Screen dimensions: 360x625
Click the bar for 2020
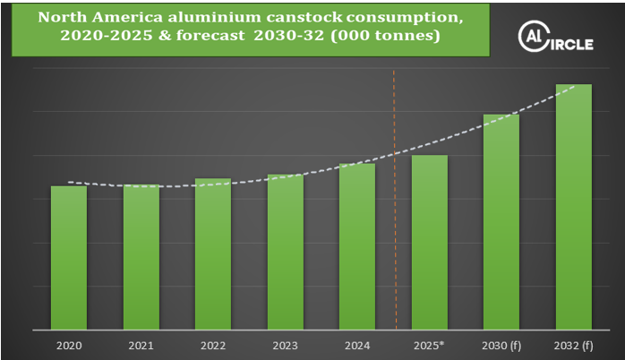pyautogui.click(x=69, y=257)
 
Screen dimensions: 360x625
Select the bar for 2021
pyautogui.click(x=141, y=257)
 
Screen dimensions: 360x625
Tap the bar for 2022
pyautogui.click(x=213, y=253)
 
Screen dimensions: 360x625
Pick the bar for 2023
pyautogui.click(x=286, y=252)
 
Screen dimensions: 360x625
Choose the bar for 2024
pyautogui.click(x=357, y=246)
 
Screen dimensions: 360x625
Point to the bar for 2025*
pyautogui.click(x=430, y=242)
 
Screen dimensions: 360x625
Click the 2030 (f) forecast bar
pyautogui.click(x=501, y=221)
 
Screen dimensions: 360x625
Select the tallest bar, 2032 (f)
pyautogui.click(x=574, y=206)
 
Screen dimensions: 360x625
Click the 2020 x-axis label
pyautogui.click(x=69, y=344)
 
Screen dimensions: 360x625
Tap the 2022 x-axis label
pyautogui.click(x=213, y=344)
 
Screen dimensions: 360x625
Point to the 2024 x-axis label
pyautogui.click(x=357, y=344)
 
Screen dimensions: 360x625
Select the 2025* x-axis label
pyautogui.click(x=430, y=344)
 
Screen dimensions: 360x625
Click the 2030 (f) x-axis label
pyautogui.click(x=501, y=344)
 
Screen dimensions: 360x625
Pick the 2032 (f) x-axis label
pyautogui.click(x=574, y=344)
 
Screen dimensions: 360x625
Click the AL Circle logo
pyautogui.click(x=556, y=38)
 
